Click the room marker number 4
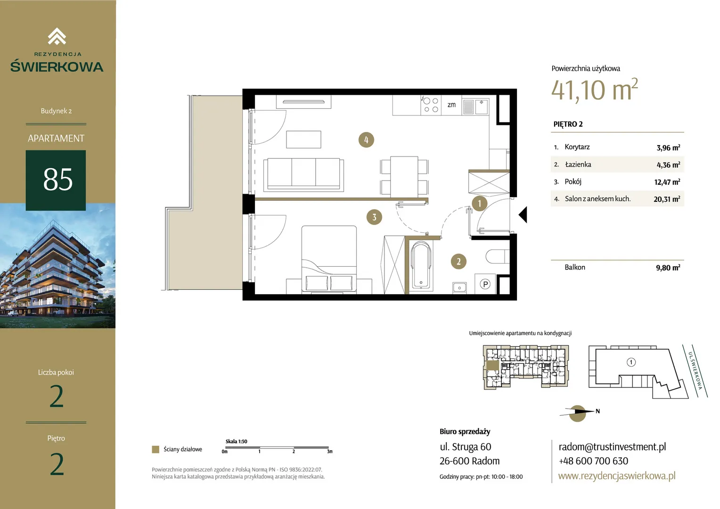(x=366, y=140)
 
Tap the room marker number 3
(x=374, y=217)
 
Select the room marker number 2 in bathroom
(x=458, y=262)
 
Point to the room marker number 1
(x=479, y=203)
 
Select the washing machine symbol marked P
(x=485, y=284)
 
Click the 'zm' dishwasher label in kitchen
(x=451, y=105)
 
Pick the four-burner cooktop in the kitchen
(x=431, y=105)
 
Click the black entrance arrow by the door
(x=523, y=214)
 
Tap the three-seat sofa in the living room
(x=303, y=174)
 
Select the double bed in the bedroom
(x=329, y=260)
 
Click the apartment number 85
(x=58, y=180)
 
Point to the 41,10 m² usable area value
(x=594, y=90)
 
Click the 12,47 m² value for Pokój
(x=667, y=182)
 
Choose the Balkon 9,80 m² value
(x=668, y=268)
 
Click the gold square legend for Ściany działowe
(x=155, y=449)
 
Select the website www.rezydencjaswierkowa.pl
(x=617, y=476)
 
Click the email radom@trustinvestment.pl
(x=612, y=447)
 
